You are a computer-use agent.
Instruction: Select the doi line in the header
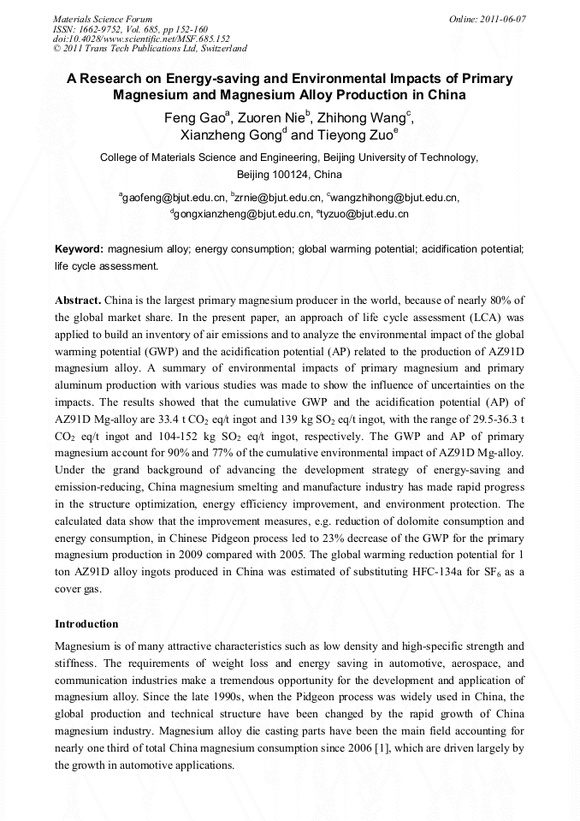tap(141, 39)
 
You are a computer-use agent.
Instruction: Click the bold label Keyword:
tap(80, 249)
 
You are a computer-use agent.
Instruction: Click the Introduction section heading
tap(86, 623)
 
